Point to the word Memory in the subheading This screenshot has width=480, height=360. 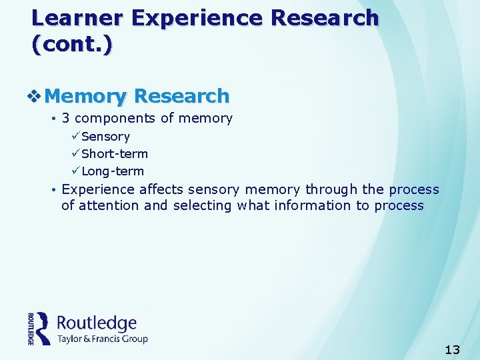[x=85, y=97]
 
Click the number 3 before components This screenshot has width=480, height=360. [x=66, y=119]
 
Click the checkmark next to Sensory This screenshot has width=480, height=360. [x=75, y=136]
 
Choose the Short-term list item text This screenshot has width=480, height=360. [x=114, y=153]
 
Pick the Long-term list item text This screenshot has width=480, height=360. [x=112, y=171]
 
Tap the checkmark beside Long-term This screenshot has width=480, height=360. [x=75, y=171]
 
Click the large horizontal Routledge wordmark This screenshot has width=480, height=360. [x=97, y=323]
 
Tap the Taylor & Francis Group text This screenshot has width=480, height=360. [x=102, y=339]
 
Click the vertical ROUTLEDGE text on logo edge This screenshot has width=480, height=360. [x=31, y=329]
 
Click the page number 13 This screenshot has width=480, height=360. [x=452, y=349]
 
